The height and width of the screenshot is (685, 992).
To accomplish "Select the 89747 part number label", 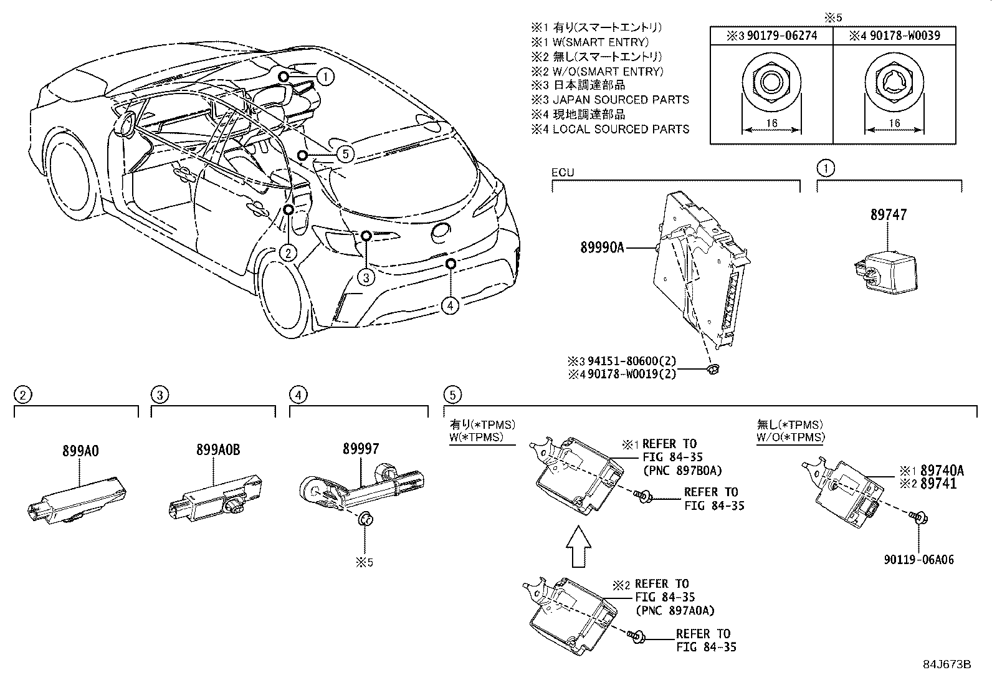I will click(x=889, y=215).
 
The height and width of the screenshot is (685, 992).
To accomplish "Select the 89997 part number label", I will click(x=360, y=449).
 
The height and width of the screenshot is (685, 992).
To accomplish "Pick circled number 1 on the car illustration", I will click(x=325, y=77).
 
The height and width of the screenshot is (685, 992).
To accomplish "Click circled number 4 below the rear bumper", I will click(x=450, y=305).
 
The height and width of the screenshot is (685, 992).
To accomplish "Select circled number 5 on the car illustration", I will click(x=345, y=153).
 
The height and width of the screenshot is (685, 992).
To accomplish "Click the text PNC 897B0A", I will click(x=680, y=471).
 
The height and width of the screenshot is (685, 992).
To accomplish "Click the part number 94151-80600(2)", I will click(x=630, y=361).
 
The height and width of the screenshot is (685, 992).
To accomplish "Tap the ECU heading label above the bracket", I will click(x=562, y=173).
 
